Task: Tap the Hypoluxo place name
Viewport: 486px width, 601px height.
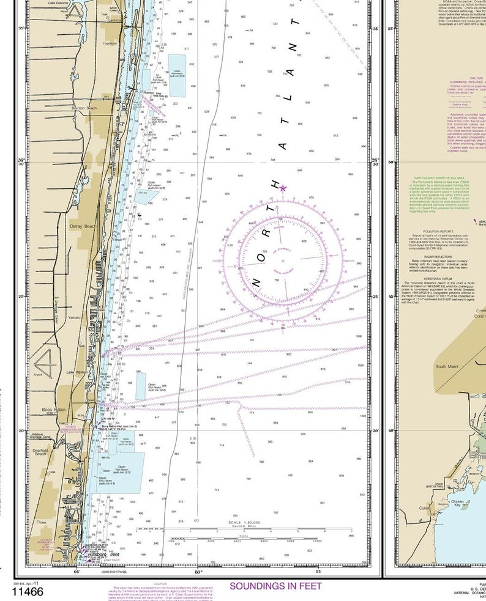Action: coord(110,43)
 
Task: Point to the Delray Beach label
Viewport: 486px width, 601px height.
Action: coord(83,227)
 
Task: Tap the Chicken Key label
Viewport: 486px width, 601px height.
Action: coord(459,503)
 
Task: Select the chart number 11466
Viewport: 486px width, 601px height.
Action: coord(27,591)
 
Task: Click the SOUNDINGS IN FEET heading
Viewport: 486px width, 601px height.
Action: coord(275,586)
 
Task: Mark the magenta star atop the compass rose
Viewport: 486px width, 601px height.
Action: coord(283,188)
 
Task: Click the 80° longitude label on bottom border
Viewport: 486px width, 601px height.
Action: coord(198,572)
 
